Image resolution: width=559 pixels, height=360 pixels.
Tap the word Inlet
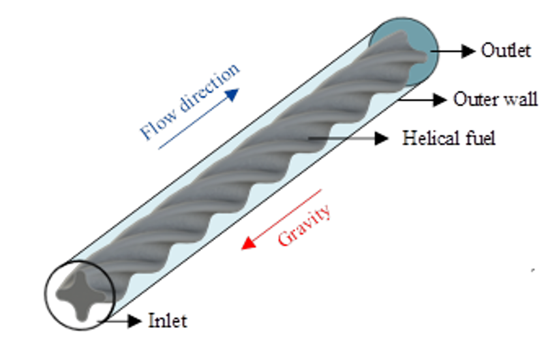pos(168,321)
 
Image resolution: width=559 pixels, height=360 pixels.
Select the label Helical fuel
pos(449,138)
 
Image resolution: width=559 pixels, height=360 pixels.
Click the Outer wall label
pos(495,99)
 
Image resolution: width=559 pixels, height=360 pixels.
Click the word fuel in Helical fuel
pos(482,138)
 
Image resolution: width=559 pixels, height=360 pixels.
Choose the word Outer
pos(473,99)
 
